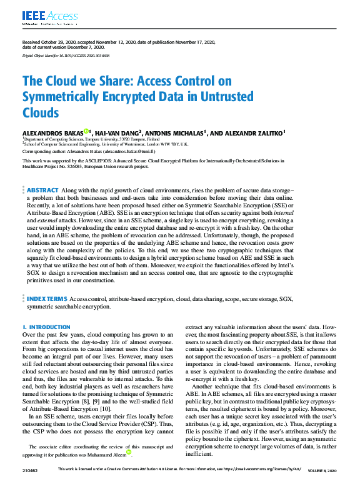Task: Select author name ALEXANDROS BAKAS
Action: pyautogui.click(x=52, y=132)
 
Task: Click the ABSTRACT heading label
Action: pyautogui.click(x=42, y=190)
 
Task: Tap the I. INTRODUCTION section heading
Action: pyautogui.click(x=46, y=327)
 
